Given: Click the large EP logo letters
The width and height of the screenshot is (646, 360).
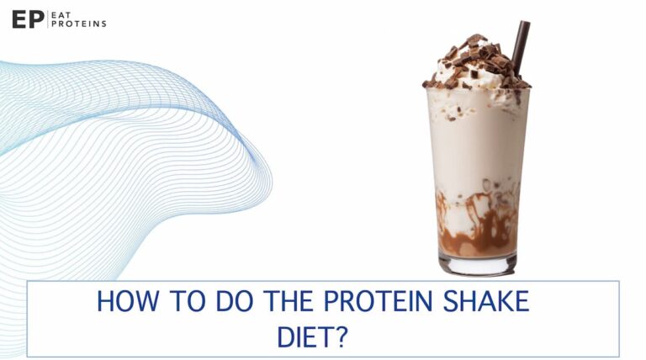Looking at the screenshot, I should click(27, 19).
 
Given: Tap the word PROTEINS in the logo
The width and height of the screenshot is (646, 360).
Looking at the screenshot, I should click(79, 24).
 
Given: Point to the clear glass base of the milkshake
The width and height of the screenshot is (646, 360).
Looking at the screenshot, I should click(475, 265).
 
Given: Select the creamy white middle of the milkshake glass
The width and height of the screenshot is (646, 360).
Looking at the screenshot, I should click(475, 143).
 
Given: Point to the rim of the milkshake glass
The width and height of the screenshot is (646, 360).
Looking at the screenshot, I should click(477, 89).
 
